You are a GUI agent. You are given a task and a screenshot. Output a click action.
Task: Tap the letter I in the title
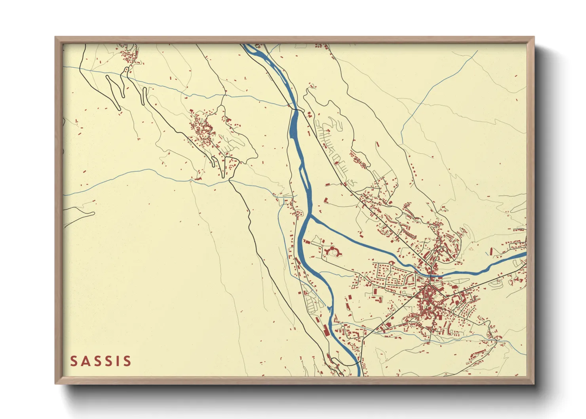click(118, 361)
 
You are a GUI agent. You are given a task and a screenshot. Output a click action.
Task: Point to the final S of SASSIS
click(127, 361)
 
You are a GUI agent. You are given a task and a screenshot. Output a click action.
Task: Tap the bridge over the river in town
click(431, 274)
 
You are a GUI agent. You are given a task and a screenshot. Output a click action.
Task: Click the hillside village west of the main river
click(204, 131)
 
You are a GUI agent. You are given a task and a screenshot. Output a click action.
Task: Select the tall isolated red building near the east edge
click(491, 251)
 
